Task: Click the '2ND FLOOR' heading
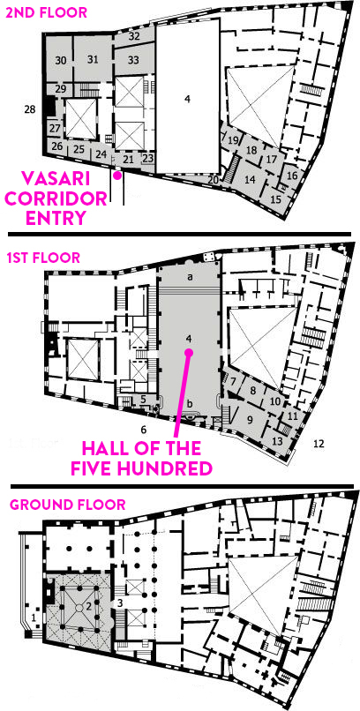pyautogui.click(x=45, y=12)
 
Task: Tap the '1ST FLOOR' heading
pyautogui.click(x=43, y=258)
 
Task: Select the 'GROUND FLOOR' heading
pyautogui.click(x=67, y=504)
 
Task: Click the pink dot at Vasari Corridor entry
pyautogui.click(x=117, y=176)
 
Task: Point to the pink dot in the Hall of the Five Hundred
pyautogui.click(x=189, y=352)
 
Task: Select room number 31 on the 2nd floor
pyautogui.click(x=93, y=58)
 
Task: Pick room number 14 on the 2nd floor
pyautogui.click(x=250, y=179)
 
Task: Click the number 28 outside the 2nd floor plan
pyautogui.click(x=31, y=109)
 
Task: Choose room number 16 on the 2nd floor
pyautogui.click(x=292, y=176)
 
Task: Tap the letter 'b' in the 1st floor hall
pyautogui.click(x=190, y=402)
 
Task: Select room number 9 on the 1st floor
pyautogui.click(x=249, y=420)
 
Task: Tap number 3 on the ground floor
pyautogui.click(x=120, y=602)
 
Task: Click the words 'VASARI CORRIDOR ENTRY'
pyautogui.click(x=56, y=199)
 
